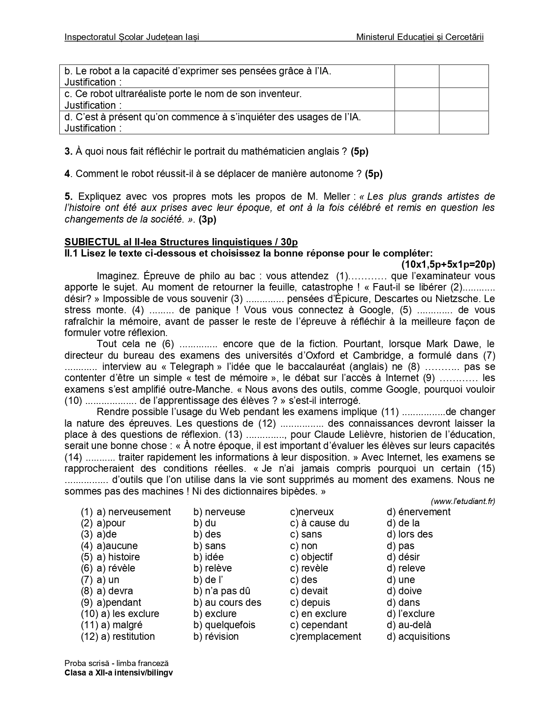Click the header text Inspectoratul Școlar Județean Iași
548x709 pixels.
132,37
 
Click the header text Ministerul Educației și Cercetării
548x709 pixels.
419,37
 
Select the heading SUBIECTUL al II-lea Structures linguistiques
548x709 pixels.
181,242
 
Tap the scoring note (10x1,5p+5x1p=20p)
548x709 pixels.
448,264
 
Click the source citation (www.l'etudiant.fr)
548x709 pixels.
462,501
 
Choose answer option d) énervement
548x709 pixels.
419,512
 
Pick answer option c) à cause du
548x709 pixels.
319,523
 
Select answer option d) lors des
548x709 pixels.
410,535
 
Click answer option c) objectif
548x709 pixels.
311,557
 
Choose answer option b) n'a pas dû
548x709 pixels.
222,591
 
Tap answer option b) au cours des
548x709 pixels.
227,602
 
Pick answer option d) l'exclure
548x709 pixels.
410,614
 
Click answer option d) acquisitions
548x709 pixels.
418,636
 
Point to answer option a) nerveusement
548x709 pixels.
133,512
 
